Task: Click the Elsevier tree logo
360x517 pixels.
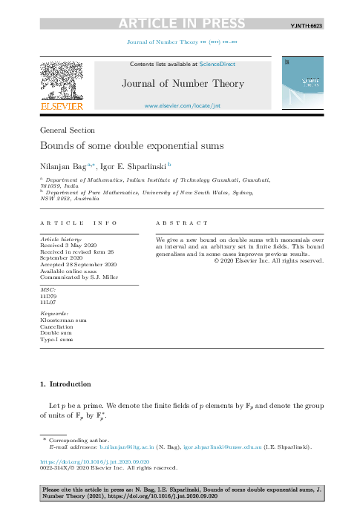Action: pyautogui.click(x=61, y=82)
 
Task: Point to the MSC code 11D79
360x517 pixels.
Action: pyautogui.click(x=48, y=296)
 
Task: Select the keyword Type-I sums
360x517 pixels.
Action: pyautogui.click(x=56, y=340)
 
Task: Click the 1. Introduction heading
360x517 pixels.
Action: pyautogui.click(x=65, y=384)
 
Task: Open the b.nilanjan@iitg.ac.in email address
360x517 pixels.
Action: pyautogui.click(x=127, y=447)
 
